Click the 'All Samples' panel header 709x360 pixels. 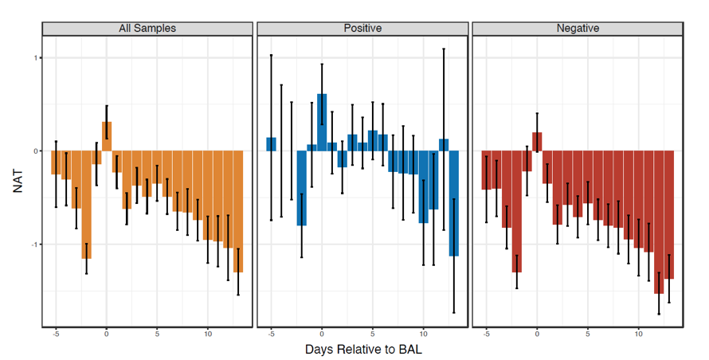click(x=147, y=29)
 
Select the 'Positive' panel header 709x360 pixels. click(x=362, y=29)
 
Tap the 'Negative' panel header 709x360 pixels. click(x=578, y=29)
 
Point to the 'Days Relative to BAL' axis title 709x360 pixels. click(x=362, y=349)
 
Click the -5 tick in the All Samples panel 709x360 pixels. click(x=56, y=332)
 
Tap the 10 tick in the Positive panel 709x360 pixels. click(x=423, y=332)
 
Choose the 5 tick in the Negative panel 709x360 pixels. click(x=588, y=332)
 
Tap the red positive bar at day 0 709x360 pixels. click(x=537, y=142)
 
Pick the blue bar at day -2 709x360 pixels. click(x=302, y=188)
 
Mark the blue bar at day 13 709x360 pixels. click(x=454, y=203)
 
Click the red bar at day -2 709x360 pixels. click(x=517, y=211)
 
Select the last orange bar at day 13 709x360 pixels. click(x=238, y=211)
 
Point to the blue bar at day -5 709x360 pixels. click(x=272, y=144)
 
